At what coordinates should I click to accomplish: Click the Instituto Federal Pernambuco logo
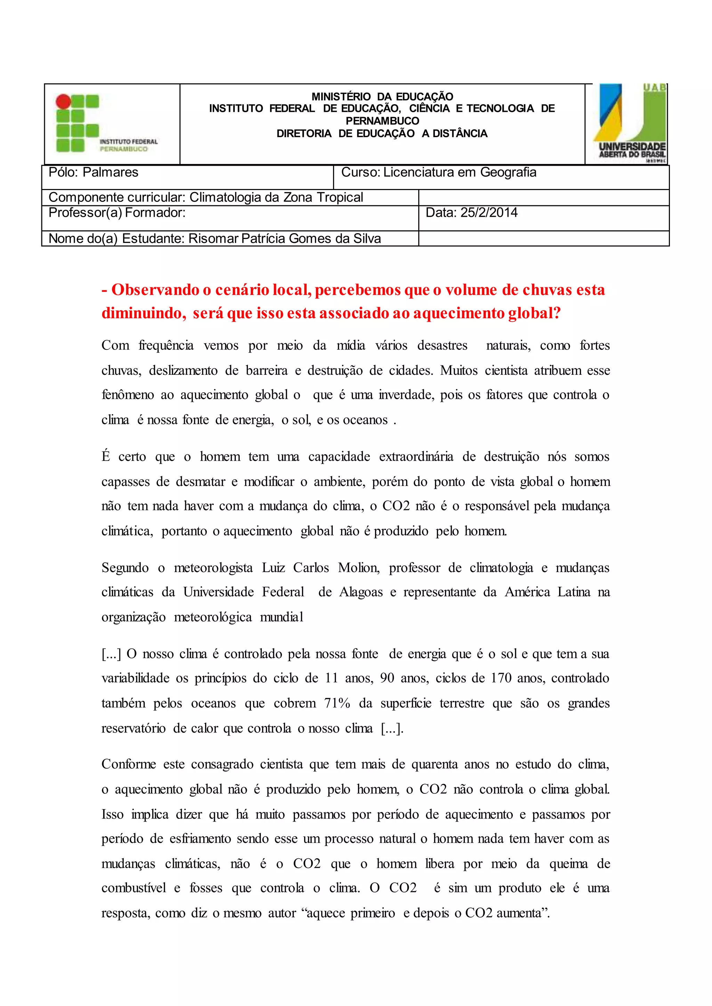[106, 124]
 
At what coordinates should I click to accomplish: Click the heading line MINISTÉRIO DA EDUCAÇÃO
[382, 96]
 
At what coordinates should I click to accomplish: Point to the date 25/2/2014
[488, 213]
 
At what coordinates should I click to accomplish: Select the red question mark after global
[557, 313]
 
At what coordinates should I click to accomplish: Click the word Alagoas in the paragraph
[361, 592]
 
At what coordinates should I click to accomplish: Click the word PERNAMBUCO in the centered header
[382, 121]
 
